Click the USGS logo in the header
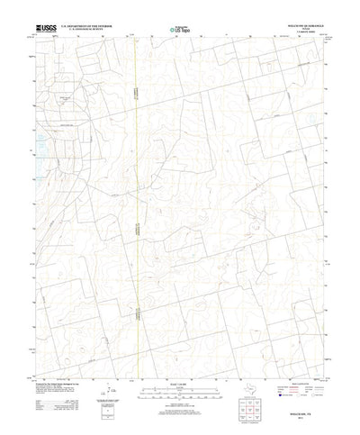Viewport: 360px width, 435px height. click(x=46, y=30)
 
